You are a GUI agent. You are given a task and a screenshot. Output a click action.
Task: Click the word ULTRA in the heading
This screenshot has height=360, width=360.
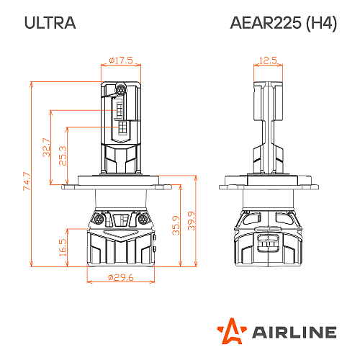pyautogui.click(x=50, y=23)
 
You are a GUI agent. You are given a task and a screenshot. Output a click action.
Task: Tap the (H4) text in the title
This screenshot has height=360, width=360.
pyautogui.click(x=320, y=23)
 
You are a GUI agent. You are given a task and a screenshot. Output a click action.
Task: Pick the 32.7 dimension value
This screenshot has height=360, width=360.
pyautogui.click(x=47, y=147)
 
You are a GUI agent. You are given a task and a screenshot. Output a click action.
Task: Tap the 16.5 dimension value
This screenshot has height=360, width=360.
pyautogui.click(x=62, y=247)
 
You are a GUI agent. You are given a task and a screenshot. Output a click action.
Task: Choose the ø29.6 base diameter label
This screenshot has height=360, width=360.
pyautogui.click(x=120, y=277)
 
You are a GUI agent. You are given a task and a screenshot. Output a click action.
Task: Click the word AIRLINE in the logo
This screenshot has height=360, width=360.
pyautogui.click(x=294, y=332)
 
